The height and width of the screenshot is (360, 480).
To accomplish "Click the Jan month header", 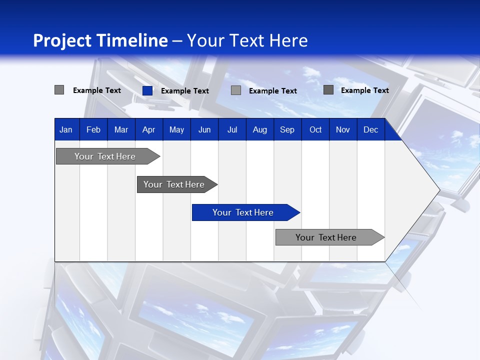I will click(66, 129).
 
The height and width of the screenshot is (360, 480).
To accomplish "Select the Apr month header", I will click(148, 129).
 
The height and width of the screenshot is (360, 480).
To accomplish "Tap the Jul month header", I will click(232, 129).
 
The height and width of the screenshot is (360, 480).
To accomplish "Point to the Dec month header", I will click(370, 129).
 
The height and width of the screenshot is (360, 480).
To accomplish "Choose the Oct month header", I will click(315, 129).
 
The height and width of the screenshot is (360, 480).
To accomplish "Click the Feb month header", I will click(93, 129).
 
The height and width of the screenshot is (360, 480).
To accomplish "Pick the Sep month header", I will click(287, 129).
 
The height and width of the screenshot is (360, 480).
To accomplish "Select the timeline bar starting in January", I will click(105, 156).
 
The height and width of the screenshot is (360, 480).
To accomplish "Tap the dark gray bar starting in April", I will click(174, 184).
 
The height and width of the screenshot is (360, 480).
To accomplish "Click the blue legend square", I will click(147, 90).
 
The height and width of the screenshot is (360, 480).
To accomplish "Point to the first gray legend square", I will click(59, 90).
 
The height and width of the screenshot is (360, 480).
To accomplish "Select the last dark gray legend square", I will click(328, 90).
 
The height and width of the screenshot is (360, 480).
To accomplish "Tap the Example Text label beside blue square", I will click(185, 91).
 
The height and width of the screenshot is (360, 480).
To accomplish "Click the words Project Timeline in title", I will click(100, 40).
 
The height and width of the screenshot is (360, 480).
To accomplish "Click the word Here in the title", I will click(288, 40).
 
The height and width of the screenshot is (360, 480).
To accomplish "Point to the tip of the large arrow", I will click(438, 189).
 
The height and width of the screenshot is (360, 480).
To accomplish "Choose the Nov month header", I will click(342, 129).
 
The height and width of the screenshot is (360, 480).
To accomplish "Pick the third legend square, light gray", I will click(236, 90).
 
